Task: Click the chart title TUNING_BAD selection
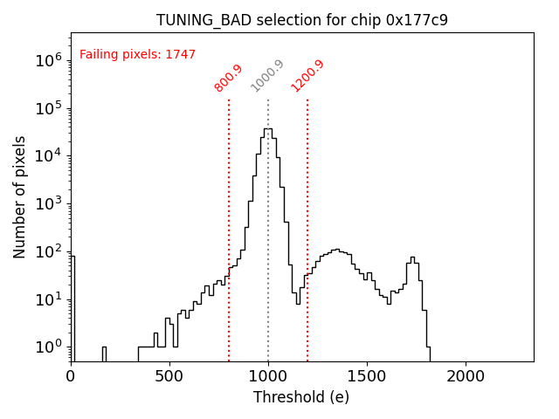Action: pyautogui.click(x=301, y=20)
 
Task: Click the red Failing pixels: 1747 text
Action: pyautogui.click(x=137, y=55)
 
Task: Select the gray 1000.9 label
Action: pyautogui.click(x=267, y=76)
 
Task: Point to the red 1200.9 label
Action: pyautogui.click(x=307, y=76)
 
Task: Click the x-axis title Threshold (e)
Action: pyautogui.click(x=301, y=397)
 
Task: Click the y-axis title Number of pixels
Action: pyautogui.click(x=20, y=196)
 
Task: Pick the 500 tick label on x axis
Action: pyautogui.click(x=169, y=376)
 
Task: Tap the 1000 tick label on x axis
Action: pyautogui.click(x=268, y=376)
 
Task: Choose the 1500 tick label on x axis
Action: pyautogui.click(x=367, y=376)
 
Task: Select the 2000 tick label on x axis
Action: pyautogui.click(x=466, y=376)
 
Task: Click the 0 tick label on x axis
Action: pyautogui.click(x=71, y=376)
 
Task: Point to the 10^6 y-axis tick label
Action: pyautogui.click(x=49, y=60)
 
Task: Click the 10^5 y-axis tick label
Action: pyautogui.click(x=49, y=108)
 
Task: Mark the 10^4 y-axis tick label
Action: pyautogui.click(x=49, y=156)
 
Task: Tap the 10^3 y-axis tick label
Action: pyautogui.click(x=49, y=203)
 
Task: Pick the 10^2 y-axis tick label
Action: pyautogui.click(x=49, y=251)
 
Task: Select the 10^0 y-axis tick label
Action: pyautogui.click(x=49, y=347)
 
